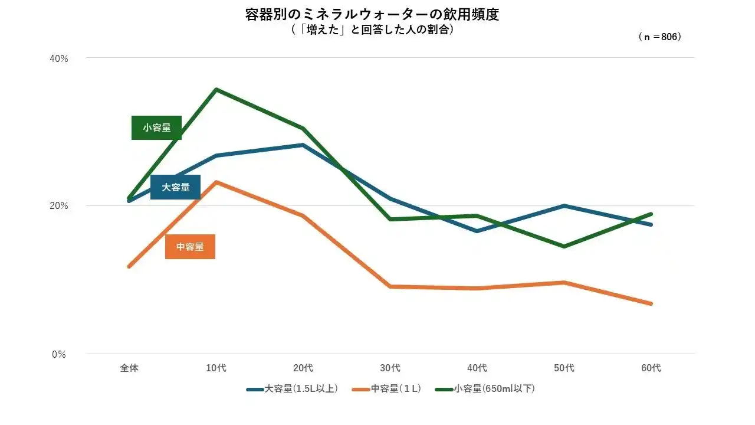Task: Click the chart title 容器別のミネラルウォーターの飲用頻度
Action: click(372, 15)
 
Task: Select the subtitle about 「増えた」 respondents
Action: click(372, 30)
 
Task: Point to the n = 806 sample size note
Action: click(659, 37)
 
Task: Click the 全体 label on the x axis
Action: click(129, 368)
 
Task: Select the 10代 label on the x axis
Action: click(216, 368)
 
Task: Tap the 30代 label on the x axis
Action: click(390, 368)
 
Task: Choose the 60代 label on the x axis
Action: click(651, 368)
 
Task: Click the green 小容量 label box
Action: click(156, 127)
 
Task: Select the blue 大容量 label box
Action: click(175, 187)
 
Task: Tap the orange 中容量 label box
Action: click(190, 247)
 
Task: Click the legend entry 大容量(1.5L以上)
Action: click(293, 389)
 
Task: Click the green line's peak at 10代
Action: click(216, 89)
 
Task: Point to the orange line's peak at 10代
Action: click(216, 182)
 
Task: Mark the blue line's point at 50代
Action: click(564, 205)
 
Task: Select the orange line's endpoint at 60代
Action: click(651, 303)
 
